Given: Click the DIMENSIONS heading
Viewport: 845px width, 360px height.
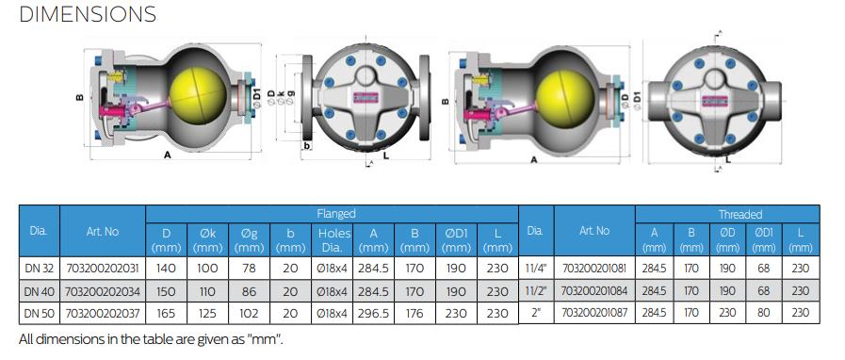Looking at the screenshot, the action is coord(88,14).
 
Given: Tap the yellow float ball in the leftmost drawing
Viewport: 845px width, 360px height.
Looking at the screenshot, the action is coord(198,95).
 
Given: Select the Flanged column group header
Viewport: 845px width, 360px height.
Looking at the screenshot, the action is coord(335,213).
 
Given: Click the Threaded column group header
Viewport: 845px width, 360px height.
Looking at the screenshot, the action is coord(739,214).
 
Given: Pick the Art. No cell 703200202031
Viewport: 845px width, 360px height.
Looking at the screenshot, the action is coord(102,268).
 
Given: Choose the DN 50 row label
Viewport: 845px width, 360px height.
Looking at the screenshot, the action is coord(40,313).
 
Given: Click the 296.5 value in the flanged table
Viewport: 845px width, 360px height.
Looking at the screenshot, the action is coord(373,313).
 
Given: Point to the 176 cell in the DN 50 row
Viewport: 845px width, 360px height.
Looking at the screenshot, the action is coord(414,313).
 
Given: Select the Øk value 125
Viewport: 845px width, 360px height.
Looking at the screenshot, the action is coord(207,313).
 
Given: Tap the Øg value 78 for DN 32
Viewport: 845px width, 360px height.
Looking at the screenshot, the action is coord(249,268).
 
